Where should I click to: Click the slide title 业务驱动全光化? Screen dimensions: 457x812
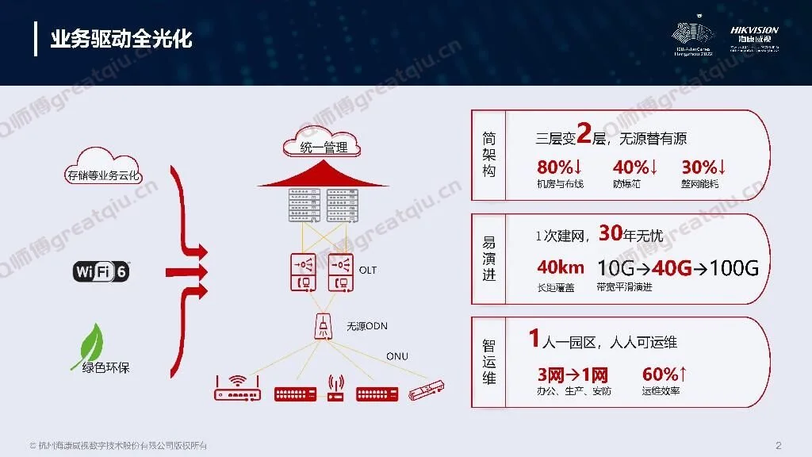point(121,39)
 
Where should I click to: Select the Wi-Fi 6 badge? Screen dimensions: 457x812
point(101,272)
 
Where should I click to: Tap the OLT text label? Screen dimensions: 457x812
point(368,271)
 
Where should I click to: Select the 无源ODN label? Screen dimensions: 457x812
point(366,326)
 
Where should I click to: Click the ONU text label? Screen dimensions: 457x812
point(397,356)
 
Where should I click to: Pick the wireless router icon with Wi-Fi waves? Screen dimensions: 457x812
point(237,389)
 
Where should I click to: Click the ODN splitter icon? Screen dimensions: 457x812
point(324,326)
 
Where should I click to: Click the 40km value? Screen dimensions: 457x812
point(561,267)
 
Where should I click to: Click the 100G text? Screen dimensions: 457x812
point(734,267)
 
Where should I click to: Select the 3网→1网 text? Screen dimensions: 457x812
point(573,374)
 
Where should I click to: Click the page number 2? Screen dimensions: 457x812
point(778,444)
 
